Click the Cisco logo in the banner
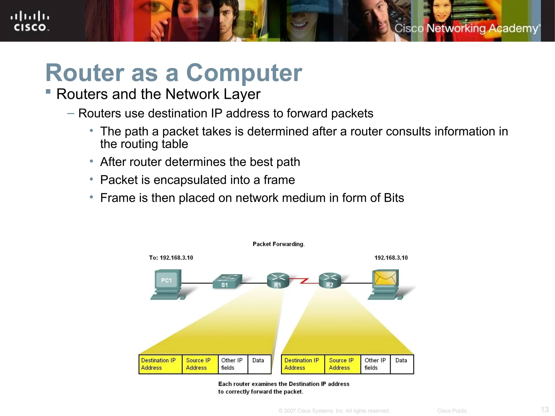point(30,21)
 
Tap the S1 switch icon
point(227,282)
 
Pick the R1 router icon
point(278,280)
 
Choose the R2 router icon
point(330,280)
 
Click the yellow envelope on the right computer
point(385,278)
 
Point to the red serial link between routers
point(304,281)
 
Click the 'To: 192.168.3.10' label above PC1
point(171,258)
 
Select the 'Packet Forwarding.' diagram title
point(279,244)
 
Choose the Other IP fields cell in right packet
point(375,364)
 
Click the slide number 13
point(544,409)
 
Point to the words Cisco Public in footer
point(452,411)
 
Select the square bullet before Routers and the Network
point(48,91)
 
